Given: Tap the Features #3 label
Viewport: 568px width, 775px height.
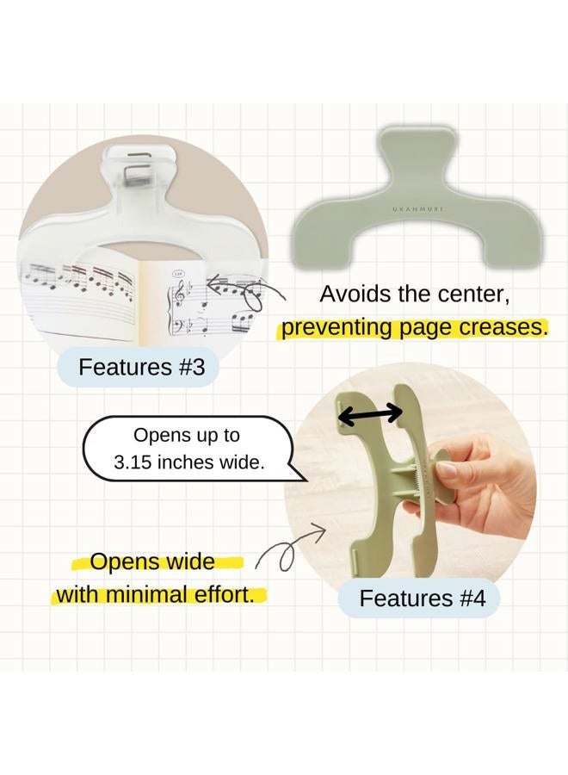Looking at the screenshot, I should [142, 368].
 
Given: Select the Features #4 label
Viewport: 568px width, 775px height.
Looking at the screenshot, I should [423, 598].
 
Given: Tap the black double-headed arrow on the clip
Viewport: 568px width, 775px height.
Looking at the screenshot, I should [369, 414].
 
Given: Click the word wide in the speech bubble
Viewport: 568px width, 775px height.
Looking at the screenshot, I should [240, 462].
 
